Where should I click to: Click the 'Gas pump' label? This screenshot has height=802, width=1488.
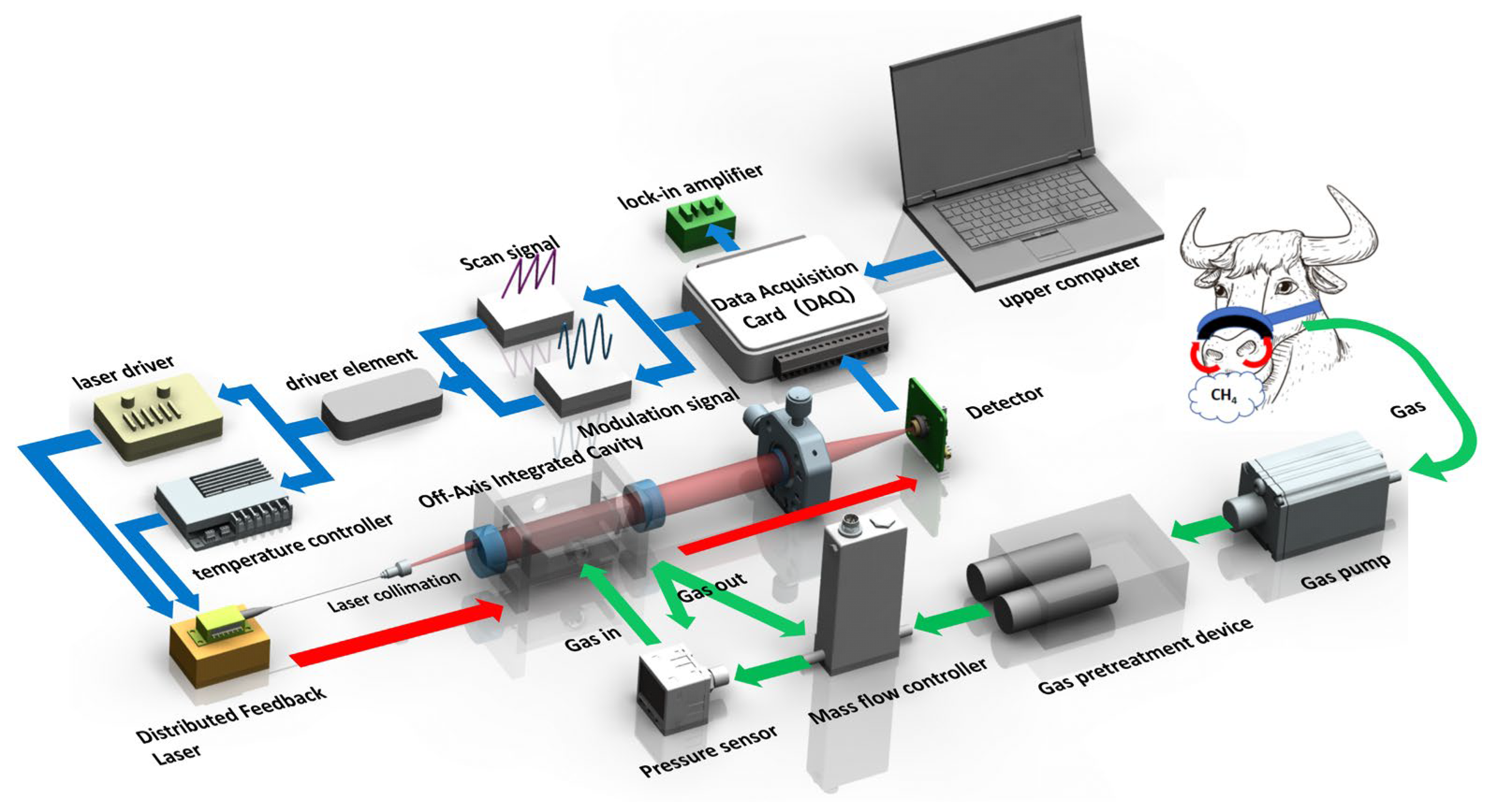(1345, 572)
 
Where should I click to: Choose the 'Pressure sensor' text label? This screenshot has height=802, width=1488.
(708, 751)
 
